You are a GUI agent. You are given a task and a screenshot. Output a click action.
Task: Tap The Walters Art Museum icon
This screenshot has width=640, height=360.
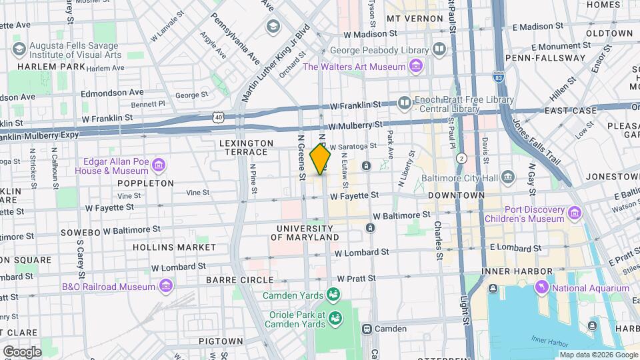pyautogui.click(x=416, y=67)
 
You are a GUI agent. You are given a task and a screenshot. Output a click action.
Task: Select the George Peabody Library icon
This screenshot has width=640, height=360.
pyautogui.click(x=439, y=49)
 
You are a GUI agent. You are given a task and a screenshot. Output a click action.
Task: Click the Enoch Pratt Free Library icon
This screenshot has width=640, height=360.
pyautogui.click(x=405, y=103)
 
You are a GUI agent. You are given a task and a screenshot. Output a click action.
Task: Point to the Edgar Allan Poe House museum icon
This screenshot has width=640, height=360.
pyautogui.click(x=159, y=165)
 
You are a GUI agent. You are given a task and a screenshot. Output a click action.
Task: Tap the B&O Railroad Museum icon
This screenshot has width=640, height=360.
pyautogui.click(x=166, y=287)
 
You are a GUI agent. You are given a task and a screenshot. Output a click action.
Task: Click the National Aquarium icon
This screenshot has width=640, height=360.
pyautogui.click(x=542, y=287)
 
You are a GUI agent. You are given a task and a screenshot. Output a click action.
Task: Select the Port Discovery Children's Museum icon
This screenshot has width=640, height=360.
pyautogui.click(x=575, y=213)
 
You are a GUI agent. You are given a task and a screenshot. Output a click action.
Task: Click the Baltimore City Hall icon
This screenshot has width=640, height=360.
pyautogui.click(x=509, y=177)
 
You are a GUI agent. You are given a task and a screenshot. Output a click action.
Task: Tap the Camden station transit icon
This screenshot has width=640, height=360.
pyautogui.click(x=367, y=329)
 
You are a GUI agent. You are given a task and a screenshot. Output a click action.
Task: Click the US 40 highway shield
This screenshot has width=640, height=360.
pyautogui.click(x=218, y=117)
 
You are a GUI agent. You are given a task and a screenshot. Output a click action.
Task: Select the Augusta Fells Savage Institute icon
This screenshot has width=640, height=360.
pyautogui.click(x=19, y=49)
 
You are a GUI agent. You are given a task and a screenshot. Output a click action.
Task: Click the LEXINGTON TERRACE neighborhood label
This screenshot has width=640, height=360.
pyautogui.click(x=246, y=147)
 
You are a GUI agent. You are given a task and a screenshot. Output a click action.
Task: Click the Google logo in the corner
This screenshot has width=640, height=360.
pyautogui.click(x=22, y=351)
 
